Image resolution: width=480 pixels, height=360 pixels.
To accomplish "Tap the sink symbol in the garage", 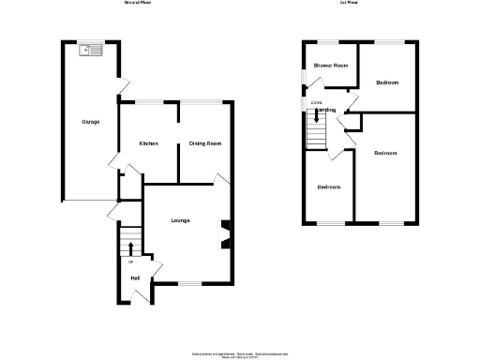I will click(91, 50).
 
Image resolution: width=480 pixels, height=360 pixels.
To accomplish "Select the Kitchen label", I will click(148, 143).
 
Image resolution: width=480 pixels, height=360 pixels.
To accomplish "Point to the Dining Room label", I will click(204, 143).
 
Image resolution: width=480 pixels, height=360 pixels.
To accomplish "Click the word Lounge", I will click(180, 221).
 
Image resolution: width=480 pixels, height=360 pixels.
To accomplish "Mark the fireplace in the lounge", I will click(224, 233).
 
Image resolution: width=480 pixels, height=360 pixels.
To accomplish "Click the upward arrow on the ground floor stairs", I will click(129, 247).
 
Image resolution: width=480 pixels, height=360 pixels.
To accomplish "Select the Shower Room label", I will click(331, 66).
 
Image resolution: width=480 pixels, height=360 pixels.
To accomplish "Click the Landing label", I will click(326, 110).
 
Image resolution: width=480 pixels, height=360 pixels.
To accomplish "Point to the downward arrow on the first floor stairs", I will click(316, 117).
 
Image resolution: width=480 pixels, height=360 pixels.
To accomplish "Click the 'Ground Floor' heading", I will click(138, 4).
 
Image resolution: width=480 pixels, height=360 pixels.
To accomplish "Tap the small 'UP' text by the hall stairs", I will click(129, 262).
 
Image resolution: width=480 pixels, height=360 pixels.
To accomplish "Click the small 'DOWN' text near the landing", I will click(316, 102).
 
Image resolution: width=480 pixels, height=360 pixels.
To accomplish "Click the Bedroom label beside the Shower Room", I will click(387, 82).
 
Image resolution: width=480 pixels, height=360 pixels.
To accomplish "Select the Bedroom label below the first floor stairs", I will click(328, 187).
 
